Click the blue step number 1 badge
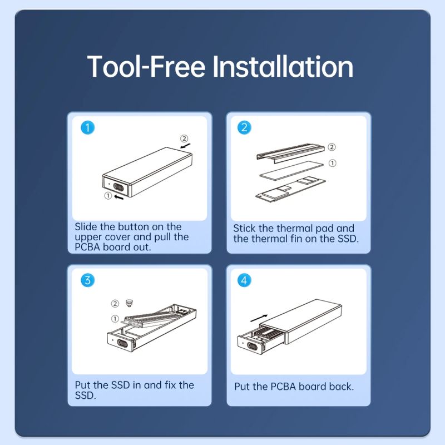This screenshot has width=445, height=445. [88, 127]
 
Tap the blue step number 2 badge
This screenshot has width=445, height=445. [244, 127]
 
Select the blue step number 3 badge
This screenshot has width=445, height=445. [88, 280]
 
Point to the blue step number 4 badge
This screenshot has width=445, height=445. [244, 280]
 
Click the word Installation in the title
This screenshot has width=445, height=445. [283, 67]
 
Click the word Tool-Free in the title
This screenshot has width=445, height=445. [146, 67]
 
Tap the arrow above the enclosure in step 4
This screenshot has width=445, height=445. [259, 318]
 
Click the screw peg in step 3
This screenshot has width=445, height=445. [130, 303]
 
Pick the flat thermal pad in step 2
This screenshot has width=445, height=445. [291, 170]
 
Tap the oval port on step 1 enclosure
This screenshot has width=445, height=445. [118, 187]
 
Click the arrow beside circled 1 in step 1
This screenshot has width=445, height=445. [118, 196]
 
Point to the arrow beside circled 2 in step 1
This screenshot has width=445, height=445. [185, 146]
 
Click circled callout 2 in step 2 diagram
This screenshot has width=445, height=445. [332, 147]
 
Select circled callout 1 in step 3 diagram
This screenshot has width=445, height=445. [115, 319]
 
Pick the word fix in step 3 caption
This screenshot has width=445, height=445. [170, 385]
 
